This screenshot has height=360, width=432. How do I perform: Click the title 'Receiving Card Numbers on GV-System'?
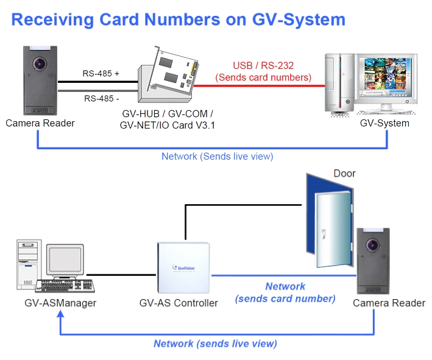coord(179,19)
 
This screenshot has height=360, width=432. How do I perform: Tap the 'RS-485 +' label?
coord(101,74)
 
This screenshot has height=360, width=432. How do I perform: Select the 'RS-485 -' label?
coord(102,97)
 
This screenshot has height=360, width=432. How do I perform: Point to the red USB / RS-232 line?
coord(268,86)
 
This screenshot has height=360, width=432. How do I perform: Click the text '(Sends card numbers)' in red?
coord(263,77)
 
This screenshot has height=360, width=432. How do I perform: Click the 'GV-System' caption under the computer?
coord(384,123)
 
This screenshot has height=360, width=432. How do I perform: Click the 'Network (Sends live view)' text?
coord(217,157)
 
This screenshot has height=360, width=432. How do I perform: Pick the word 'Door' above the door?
coord(344,174)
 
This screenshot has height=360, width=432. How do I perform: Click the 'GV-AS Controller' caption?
coord(179,303)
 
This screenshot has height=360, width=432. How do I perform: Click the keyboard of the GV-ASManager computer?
coord(64,286)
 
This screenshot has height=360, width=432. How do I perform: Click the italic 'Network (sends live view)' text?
coord(215,344)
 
